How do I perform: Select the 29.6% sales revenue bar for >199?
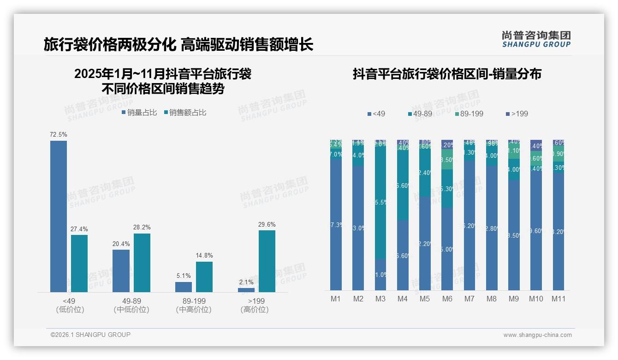pos(267,261)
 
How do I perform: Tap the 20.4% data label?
pos(121,244)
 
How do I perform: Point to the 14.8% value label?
pos(204,256)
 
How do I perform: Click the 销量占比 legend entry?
pos(139,112)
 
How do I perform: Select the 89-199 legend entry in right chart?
pos(469,114)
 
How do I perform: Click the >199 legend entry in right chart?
pos(517,114)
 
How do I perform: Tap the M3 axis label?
pos(380,299)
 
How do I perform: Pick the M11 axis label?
pos(559,299)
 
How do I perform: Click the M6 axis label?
pos(447,299)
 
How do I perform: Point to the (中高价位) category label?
pos(194,310)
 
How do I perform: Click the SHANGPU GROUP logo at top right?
pos(536,39)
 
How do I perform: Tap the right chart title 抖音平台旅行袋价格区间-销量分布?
pos(447,74)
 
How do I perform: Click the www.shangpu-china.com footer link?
pos(537,335)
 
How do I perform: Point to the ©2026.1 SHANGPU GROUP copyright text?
pos(90,335)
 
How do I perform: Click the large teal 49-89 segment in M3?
pos(380,203)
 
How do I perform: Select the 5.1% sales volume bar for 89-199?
pos(184,287)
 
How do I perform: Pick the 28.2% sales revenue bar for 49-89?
pos(142,263)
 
